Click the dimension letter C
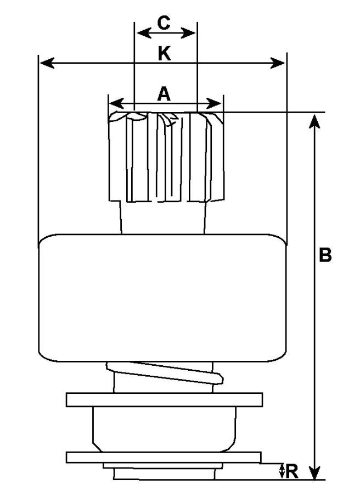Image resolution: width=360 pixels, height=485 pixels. click(x=164, y=23)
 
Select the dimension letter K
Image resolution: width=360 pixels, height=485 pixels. click(x=164, y=53)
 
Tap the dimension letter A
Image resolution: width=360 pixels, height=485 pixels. click(x=164, y=94)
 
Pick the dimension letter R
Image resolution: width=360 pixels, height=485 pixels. click(x=292, y=470)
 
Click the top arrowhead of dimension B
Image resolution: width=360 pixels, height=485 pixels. click(x=314, y=120)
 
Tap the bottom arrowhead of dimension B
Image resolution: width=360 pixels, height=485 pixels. click(x=314, y=473)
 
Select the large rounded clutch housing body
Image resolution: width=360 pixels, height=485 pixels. click(x=163, y=298)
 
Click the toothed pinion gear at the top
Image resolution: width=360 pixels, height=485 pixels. click(x=166, y=157)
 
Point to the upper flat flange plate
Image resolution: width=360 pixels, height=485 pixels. click(x=164, y=399)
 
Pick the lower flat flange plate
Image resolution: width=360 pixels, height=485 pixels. click(x=164, y=457)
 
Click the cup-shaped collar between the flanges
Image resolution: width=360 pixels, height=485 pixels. click(x=164, y=428)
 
